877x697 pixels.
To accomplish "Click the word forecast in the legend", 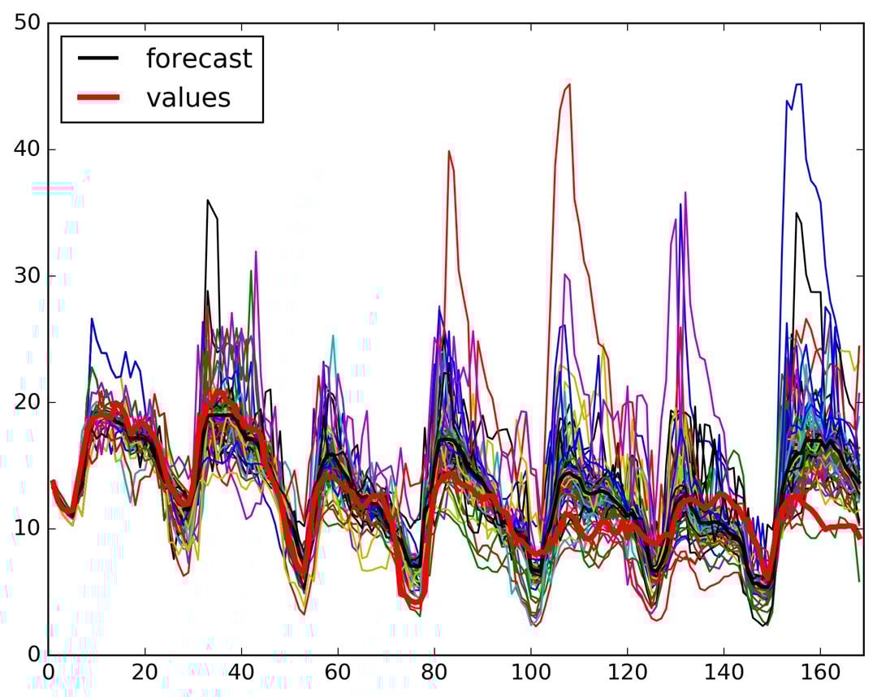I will [199, 58].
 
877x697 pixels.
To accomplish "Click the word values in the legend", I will [188, 97].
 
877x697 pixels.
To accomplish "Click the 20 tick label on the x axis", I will [145, 674].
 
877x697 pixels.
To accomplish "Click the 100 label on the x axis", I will [529, 674].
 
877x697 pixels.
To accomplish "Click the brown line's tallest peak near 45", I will [568, 84].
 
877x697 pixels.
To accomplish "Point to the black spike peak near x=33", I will [208, 200].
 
